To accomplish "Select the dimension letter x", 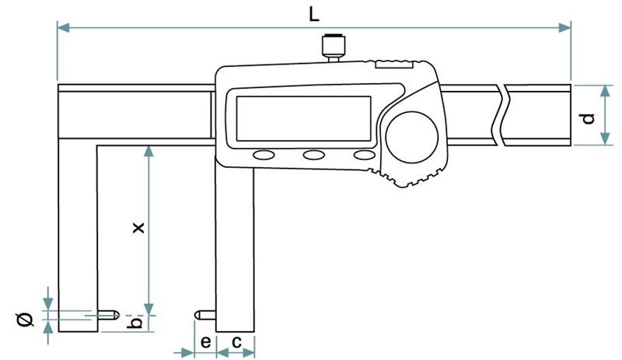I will point(137,228).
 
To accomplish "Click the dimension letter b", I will point(134,322).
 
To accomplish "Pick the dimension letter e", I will point(204,341).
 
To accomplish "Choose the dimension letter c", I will point(236,341).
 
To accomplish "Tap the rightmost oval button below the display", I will point(364,155).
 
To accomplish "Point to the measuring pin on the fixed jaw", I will point(108,315).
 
